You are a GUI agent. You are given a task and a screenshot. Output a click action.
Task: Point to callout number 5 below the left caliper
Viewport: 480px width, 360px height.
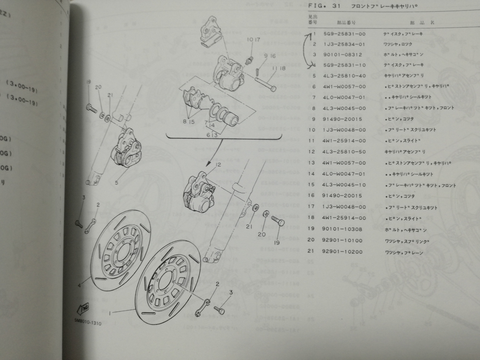(116, 183)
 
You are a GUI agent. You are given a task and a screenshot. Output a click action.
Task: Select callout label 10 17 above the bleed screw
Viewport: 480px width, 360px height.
(253, 40)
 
